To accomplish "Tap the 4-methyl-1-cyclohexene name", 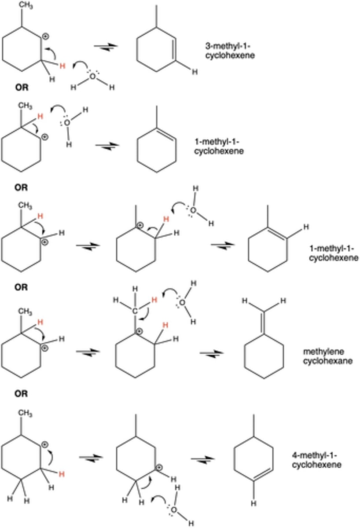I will coord(316,459).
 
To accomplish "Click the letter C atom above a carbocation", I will coord(136,311).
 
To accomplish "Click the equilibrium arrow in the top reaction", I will coord(107,46).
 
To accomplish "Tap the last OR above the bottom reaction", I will coord(21,394).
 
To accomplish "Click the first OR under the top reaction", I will coord(21,87).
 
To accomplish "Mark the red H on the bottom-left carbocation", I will coord(62,476).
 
